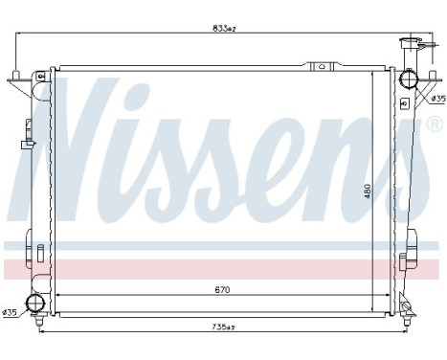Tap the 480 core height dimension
(x=366, y=189)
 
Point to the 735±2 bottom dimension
(x=224, y=326)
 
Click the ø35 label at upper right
(x=436, y=98)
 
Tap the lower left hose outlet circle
(x=37, y=304)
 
